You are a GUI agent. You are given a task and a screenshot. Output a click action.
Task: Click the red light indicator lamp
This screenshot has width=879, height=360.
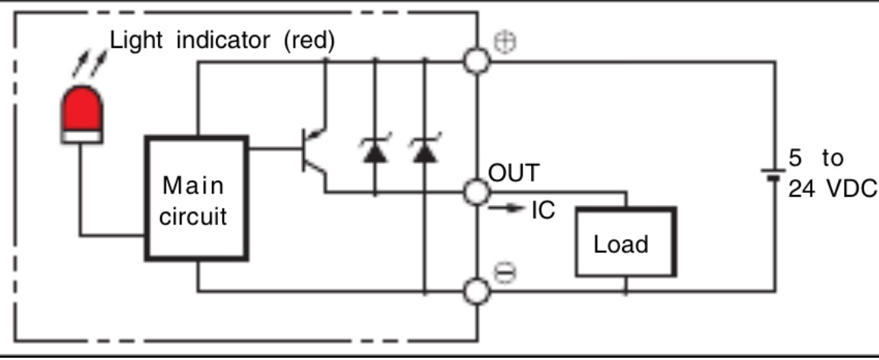(x=82, y=114)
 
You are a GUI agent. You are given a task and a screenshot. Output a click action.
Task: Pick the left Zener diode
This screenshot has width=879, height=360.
(x=374, y=151)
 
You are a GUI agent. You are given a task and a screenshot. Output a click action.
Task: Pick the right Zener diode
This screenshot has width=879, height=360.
(x=425, y=151)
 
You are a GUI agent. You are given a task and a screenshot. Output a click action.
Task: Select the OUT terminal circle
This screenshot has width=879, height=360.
(x=477, y=192)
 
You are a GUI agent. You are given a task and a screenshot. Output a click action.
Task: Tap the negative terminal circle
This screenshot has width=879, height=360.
(x=477, y=290)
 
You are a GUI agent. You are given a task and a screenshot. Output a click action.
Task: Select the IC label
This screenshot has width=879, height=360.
(x=542, y=210)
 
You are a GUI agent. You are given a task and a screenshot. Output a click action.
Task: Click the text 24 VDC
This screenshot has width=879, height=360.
(x=832, y=188)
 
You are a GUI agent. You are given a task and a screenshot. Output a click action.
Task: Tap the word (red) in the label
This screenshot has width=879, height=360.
(x=308, y=40)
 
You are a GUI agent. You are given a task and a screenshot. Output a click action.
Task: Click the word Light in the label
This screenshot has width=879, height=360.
(x=138, y=40)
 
